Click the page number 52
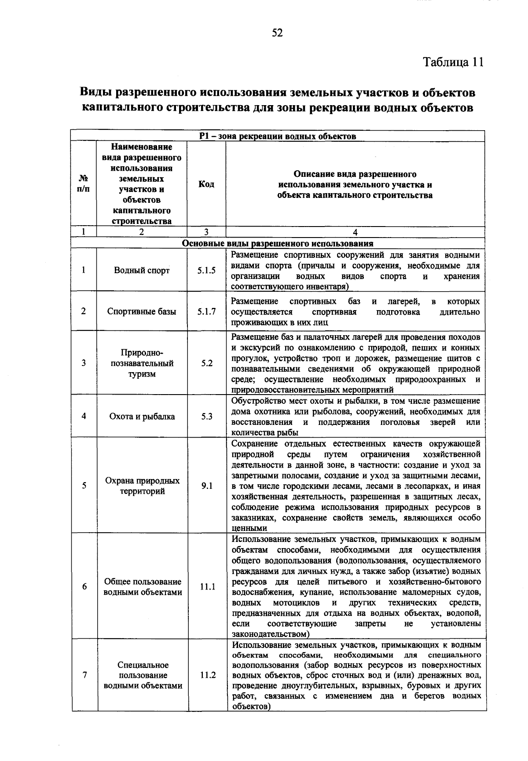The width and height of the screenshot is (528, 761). point(277,33)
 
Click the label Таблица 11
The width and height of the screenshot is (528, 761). point(454,62)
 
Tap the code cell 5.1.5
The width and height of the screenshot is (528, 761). point(206,271)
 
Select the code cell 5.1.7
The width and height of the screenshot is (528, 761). point(206,311)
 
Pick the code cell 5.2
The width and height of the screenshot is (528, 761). point(206,363)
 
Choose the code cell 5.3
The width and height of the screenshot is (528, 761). point(206,416)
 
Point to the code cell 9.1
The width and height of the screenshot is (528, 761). point(206,486)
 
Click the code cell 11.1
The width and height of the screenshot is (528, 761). point(206,587)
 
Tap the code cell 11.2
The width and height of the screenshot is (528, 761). point(206,675)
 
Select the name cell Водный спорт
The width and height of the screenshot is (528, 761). point(142,271)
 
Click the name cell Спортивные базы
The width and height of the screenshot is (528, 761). point(142,311)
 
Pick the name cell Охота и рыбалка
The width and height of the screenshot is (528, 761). point(142,416)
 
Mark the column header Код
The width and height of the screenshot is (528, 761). point(206,184)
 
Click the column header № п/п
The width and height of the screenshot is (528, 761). point(84,184)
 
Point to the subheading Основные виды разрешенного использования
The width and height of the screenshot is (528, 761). point(278,243)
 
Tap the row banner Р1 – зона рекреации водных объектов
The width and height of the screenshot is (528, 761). point(278,136)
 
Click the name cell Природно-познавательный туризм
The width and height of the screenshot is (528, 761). point(142,363)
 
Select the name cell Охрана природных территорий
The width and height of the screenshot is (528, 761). point(142,486)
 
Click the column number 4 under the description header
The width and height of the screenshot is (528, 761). point(355,232)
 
